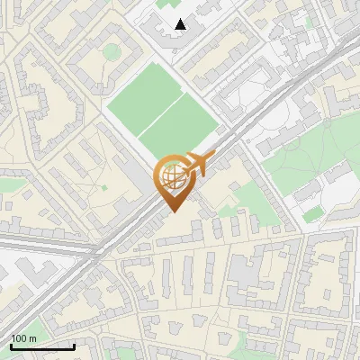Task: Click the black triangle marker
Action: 181,24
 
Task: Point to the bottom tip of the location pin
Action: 172,211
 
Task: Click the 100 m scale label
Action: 23,338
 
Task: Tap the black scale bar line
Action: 42,346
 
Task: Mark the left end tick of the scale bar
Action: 11,345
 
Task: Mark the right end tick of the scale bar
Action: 74,345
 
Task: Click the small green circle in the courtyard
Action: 111,52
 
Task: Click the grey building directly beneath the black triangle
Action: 180,40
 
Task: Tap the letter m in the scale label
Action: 32,338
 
